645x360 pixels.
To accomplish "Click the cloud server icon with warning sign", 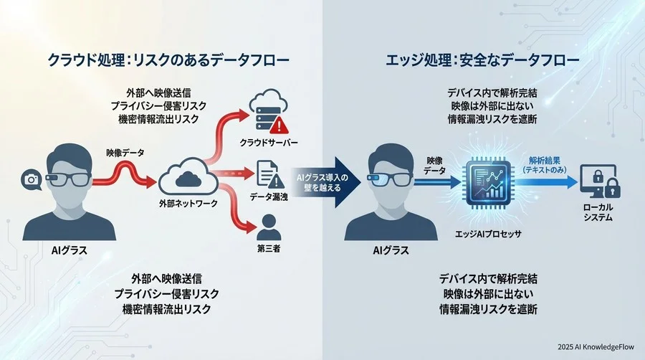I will coord(266,114).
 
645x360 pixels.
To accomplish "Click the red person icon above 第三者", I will coord(267,227).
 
